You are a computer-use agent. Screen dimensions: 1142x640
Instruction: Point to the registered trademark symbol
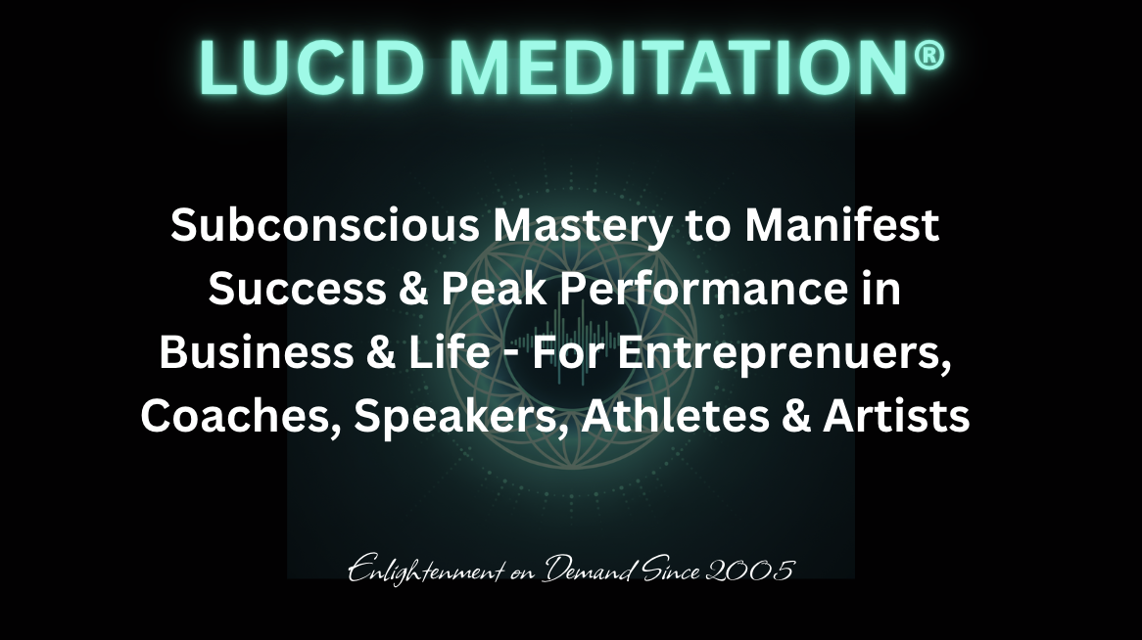928,55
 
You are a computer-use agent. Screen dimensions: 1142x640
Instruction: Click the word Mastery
582,227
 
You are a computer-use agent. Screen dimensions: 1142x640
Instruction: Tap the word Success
297,289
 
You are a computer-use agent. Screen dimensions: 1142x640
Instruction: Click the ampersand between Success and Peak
413,289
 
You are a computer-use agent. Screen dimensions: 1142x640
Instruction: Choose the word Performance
703,289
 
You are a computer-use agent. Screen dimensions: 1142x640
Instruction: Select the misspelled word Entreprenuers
785,355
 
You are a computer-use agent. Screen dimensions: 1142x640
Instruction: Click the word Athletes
675,417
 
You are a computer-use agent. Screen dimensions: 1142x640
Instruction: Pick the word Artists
896,417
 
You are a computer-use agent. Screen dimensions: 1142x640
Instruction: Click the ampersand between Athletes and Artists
796,417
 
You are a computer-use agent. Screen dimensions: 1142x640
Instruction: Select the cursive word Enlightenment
425,571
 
